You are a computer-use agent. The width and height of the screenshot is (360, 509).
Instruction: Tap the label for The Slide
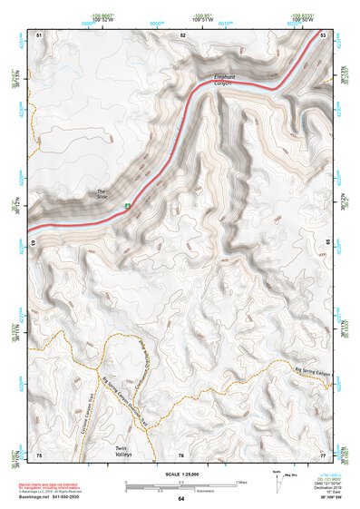point(102,193)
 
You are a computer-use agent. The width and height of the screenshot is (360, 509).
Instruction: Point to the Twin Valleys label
point(124,450)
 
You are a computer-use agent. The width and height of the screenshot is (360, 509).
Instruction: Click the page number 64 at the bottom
point(180,499)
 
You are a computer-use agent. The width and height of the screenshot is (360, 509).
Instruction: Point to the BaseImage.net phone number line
point(56,497)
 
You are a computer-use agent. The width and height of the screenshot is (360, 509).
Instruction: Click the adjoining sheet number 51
point(39,34)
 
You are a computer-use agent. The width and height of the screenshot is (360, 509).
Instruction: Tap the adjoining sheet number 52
point(183,34)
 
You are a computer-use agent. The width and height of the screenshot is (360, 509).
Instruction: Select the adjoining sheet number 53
point(323,34)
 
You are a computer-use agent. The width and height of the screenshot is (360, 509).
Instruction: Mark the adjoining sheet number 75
point(39,455)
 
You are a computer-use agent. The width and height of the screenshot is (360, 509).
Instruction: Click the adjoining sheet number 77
point(323,455)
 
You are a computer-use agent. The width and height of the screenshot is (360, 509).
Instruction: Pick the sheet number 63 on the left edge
point(34,243)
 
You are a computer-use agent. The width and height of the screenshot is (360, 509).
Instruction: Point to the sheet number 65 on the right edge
point(328,243)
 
